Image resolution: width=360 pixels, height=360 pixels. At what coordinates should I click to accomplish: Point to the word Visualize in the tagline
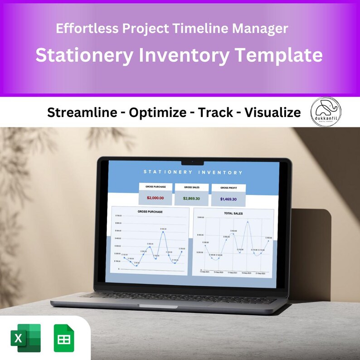(272, 112)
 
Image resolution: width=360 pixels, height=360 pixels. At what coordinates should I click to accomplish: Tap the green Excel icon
(25, 338)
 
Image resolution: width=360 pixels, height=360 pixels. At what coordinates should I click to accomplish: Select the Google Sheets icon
(63, 338)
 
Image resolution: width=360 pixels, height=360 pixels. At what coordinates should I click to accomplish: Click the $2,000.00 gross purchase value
(156, 198)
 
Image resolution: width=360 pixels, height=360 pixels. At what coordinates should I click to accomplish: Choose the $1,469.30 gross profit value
(229, 199)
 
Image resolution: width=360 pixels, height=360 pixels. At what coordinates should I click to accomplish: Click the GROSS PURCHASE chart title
(150, 212)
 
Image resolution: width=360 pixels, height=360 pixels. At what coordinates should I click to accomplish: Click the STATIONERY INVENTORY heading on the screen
(193, 172)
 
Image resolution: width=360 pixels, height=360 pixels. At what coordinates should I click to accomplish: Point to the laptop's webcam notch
(192, 161)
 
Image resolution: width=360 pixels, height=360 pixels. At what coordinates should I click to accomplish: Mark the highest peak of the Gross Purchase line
(163, 232)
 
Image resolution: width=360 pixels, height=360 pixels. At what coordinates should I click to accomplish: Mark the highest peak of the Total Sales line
(248, 222)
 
